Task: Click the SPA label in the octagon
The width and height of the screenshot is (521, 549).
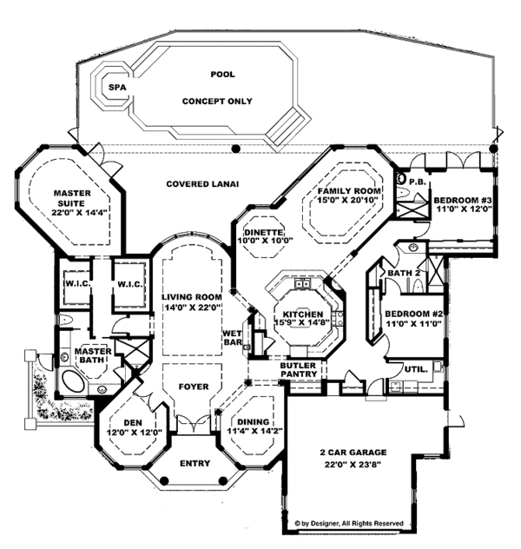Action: point(114,87)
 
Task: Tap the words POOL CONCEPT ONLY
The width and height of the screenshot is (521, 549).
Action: point(217,88)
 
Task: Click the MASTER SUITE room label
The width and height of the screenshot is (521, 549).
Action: point(73,201)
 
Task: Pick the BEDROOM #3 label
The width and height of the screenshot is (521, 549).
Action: point(463,199)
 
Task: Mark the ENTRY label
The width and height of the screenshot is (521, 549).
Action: point(194,463)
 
